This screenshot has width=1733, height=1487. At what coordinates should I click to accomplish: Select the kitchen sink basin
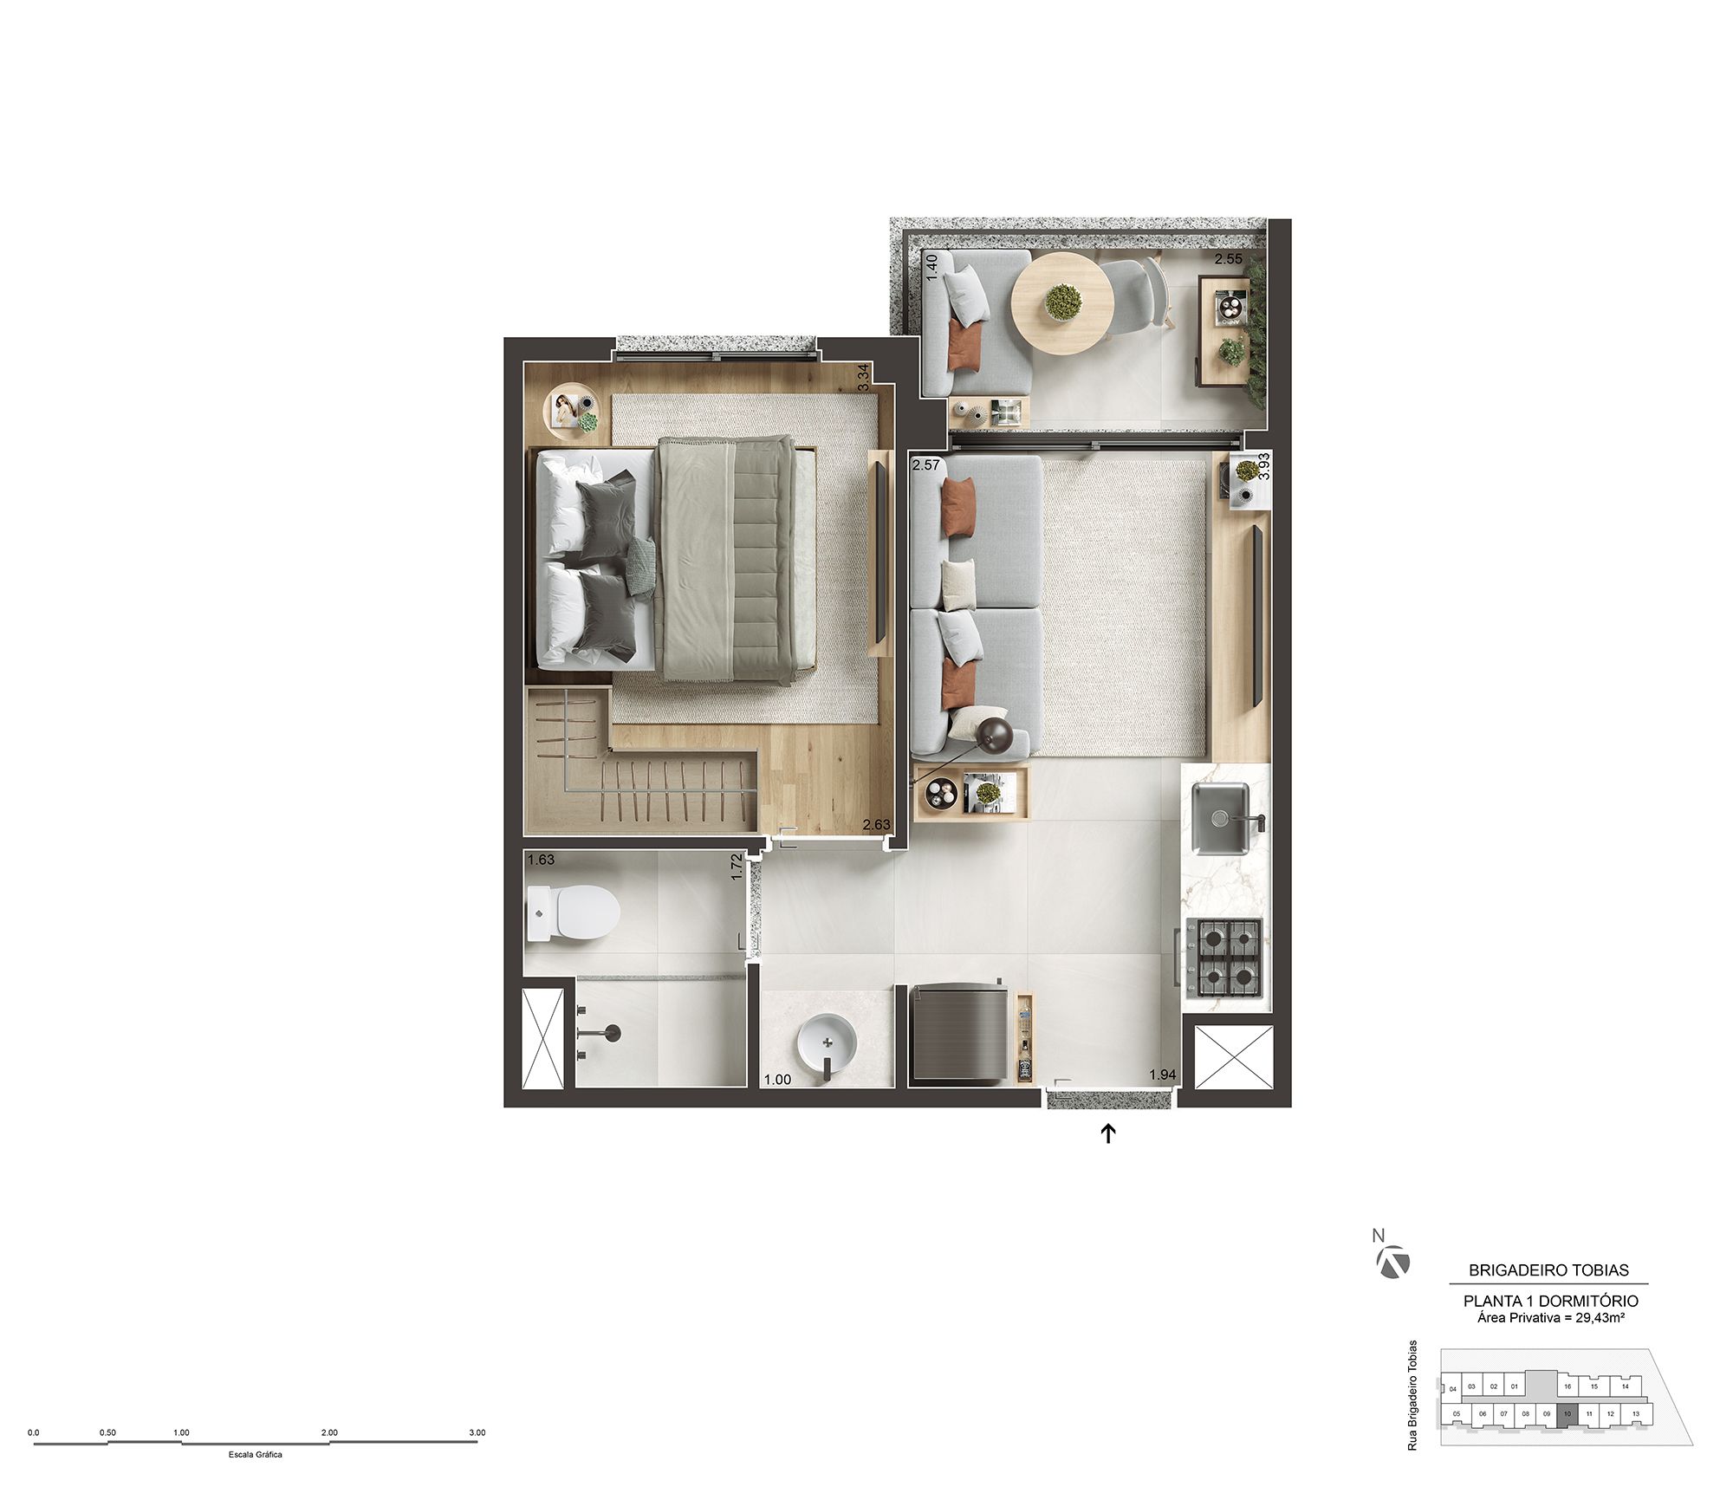1220,817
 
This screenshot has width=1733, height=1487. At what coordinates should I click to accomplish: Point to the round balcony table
1062,301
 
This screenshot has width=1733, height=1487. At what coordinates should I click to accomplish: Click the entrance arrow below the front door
1107,1133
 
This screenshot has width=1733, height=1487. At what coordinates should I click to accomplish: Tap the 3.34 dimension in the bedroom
862,378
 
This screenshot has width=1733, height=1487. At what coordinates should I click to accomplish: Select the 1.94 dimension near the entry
1162,1075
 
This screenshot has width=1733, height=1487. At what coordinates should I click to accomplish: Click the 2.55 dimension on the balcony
1228,258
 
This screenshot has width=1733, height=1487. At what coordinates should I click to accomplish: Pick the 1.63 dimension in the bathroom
541,860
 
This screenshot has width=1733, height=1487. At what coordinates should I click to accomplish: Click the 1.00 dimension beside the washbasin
777,1080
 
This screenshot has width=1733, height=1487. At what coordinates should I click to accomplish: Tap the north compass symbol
1392,1263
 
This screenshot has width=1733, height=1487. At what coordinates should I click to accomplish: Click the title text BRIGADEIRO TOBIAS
1548,1270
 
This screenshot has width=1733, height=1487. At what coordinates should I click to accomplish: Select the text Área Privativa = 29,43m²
1550,1318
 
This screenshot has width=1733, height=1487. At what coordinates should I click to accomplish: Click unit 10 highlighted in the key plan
1567,1414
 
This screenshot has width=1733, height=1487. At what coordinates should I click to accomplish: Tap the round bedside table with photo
572,408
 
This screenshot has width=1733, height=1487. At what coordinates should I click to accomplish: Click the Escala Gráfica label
255,1454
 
